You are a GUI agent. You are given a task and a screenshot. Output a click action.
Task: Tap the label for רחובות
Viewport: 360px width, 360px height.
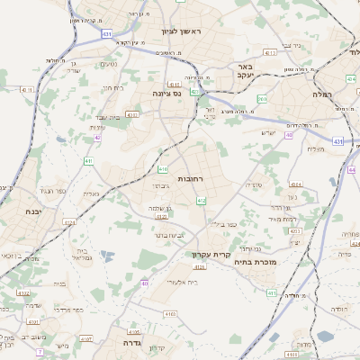(x=192, y=179)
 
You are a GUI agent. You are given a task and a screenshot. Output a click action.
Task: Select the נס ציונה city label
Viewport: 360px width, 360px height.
(x=166, y=92)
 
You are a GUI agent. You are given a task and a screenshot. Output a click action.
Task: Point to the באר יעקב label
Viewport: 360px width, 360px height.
(x=247, y=71)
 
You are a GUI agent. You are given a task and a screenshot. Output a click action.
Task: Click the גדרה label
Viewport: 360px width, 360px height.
(x=123, y=343)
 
